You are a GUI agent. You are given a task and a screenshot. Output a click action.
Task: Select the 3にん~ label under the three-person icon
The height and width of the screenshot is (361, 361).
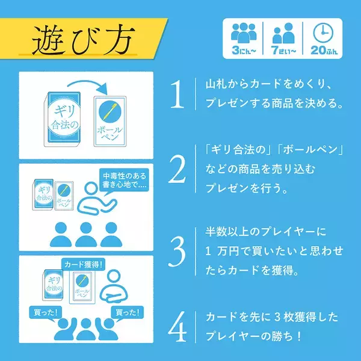[244, 52]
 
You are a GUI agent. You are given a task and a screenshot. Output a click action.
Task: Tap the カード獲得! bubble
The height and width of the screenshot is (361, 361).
[84, 264]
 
